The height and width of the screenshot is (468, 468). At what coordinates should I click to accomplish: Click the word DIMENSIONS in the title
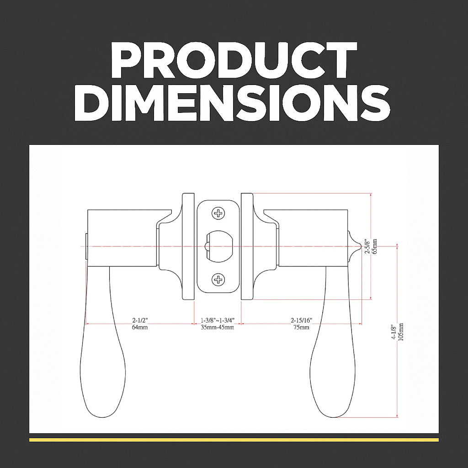(232, 102)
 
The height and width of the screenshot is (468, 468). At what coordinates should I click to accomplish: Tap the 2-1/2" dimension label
(140, 320)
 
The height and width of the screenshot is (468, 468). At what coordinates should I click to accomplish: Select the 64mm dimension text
(140, 327)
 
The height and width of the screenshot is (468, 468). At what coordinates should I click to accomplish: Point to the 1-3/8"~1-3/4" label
(218, 320)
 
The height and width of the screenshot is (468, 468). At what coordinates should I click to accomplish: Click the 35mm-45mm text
(218, 327)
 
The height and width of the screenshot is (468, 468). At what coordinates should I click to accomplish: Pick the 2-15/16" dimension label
(302, 320)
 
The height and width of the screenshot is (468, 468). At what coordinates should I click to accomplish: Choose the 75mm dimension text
(302, 327)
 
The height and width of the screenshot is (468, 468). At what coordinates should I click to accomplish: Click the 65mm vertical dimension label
(375, 246)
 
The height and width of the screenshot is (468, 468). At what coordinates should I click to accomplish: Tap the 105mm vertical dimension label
(401, 332)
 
